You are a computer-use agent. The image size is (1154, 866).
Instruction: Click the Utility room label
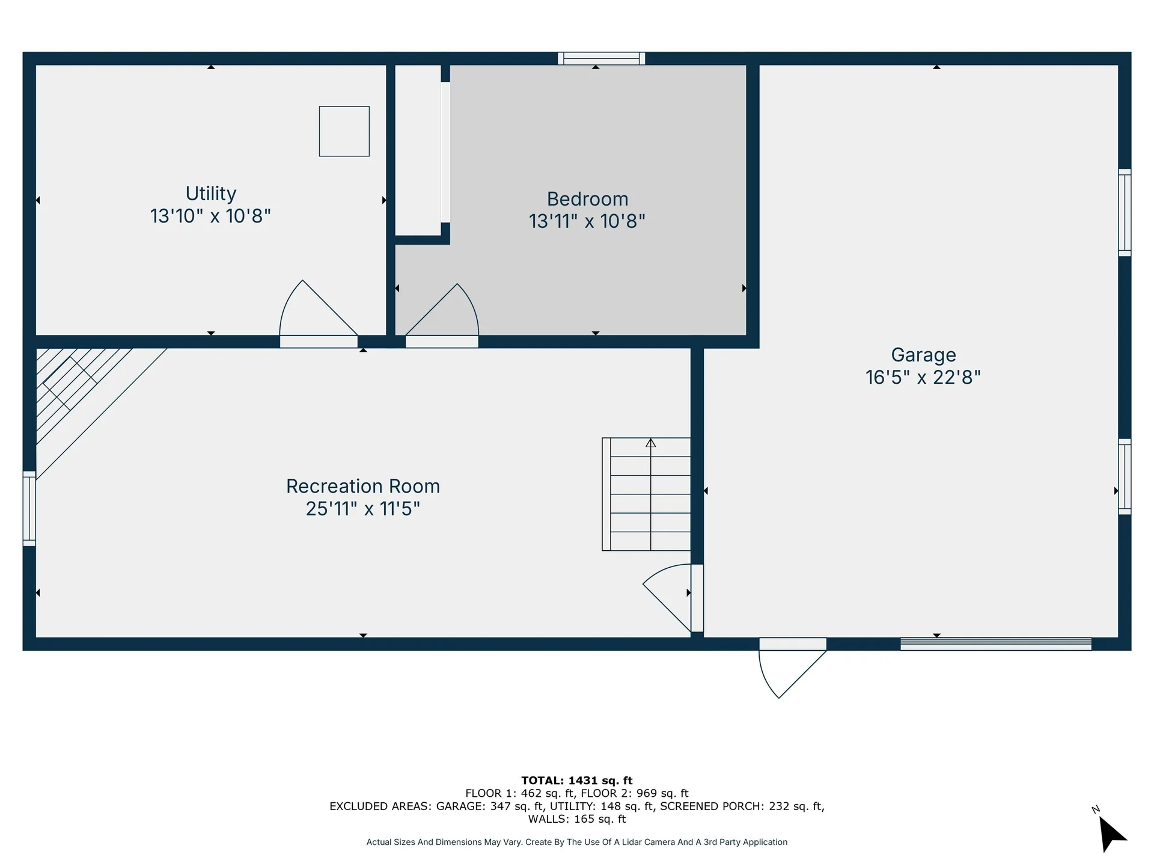tap(211, 194)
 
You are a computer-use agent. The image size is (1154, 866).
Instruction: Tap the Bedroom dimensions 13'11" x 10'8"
tap(587, 221)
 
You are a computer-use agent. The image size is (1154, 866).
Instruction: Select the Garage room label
tap(923, 355)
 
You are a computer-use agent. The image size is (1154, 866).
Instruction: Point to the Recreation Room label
tap(363, 486)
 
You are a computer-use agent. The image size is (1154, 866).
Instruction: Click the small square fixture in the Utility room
tap(344, 131)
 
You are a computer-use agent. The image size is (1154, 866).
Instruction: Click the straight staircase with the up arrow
tap(648, 494)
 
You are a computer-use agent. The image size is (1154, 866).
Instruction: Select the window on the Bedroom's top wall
tap(601, 58)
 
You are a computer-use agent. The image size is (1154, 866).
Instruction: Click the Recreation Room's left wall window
tap(29, 509)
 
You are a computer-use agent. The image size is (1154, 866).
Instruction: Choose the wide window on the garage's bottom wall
tap(995, 643)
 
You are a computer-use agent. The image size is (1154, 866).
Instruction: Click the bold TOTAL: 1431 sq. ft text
tap(576, 781)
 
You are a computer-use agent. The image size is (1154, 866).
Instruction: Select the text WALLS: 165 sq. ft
tap(576, 819)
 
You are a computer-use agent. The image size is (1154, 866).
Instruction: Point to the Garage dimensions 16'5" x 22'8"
tap(923, 378)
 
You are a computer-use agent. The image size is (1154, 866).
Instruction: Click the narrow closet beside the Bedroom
tap(418, 150)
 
